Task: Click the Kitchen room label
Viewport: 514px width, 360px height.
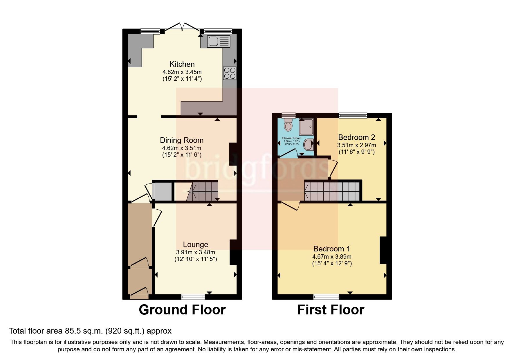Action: (x=182, y=64)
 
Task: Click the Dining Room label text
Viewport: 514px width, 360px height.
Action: (x=182, y=140)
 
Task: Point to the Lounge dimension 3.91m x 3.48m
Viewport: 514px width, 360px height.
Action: (x=195, y=252)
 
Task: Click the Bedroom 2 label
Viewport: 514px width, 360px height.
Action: (x=356, y=137)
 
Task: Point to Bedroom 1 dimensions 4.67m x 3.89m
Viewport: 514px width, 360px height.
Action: (x=332, y=257)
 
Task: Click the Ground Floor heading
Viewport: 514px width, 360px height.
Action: (x=182, y=310)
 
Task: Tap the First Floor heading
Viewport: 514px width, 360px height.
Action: (x=331, y=310)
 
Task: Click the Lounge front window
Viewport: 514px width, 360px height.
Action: (x=193, y=296)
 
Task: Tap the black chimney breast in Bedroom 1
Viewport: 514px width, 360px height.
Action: (x=383, y=250)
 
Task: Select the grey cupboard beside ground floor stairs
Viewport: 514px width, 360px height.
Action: (x=162, y=191)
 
